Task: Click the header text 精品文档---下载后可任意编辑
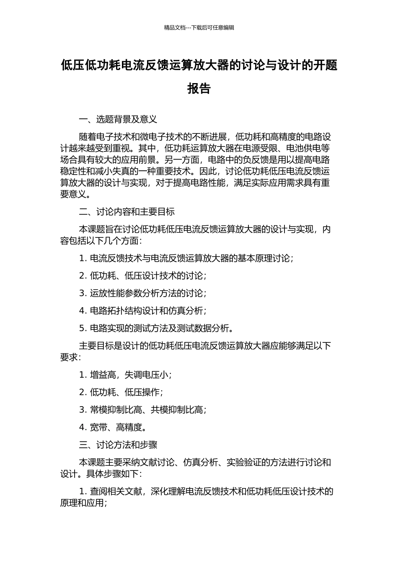tap(199, 28)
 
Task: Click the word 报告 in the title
tap(199, 89)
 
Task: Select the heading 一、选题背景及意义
tap(118, 120)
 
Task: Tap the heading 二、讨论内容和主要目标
tap(127, 212)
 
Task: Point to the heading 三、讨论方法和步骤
tap(118, 445)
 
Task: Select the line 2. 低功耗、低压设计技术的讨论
tap(142, 276)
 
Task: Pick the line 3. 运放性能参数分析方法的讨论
tap(142, 293)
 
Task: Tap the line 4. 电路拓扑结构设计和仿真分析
tap(142, 311)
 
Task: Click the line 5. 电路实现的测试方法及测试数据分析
tap(155, 328)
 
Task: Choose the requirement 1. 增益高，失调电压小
tap(125, 375)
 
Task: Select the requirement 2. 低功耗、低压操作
tap(121, 392)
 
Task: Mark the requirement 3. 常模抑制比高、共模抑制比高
tap(142, 410)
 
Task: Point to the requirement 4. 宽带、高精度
tap(112, 427)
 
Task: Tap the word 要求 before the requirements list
tap(69, 357)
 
